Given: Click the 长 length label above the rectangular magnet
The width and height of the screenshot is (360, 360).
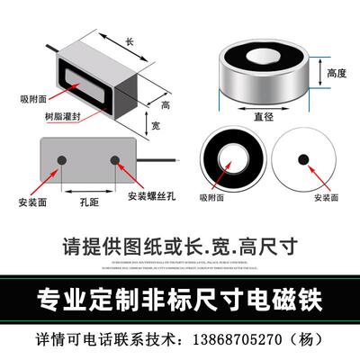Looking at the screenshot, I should click(129, 42).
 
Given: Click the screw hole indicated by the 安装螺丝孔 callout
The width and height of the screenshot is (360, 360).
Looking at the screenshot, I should click(115, 162).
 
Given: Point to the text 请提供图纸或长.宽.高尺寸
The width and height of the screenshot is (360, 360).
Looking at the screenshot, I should click(180, 244).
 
